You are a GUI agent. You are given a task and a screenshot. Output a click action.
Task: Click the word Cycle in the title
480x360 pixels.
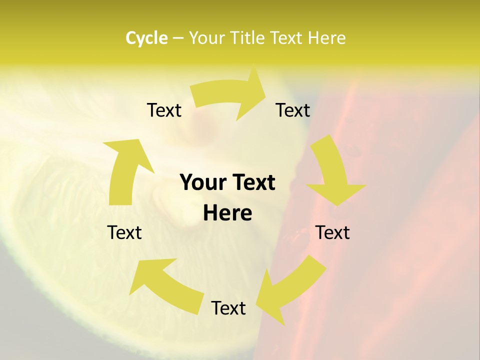146,38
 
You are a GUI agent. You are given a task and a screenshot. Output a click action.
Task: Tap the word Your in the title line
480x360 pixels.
206,38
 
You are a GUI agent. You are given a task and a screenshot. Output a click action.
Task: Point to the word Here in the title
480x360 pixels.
326,38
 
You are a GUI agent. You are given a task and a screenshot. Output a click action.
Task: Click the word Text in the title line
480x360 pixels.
286,38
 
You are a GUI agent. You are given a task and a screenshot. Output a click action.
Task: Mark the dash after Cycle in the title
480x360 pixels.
178,38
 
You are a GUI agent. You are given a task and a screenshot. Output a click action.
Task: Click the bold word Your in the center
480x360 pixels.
202,182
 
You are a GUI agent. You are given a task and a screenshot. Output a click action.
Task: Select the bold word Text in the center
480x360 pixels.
252,182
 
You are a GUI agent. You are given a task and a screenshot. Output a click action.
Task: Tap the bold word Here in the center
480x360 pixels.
227,213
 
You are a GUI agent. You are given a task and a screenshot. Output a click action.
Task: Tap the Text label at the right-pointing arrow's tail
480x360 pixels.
164,110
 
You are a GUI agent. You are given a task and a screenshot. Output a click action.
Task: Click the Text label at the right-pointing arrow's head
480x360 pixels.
293,110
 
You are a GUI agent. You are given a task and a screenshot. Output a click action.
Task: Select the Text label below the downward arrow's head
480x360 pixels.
332,232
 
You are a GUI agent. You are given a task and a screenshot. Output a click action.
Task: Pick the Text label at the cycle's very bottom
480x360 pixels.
228,308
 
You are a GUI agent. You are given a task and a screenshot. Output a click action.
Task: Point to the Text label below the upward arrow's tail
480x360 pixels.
124,232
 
